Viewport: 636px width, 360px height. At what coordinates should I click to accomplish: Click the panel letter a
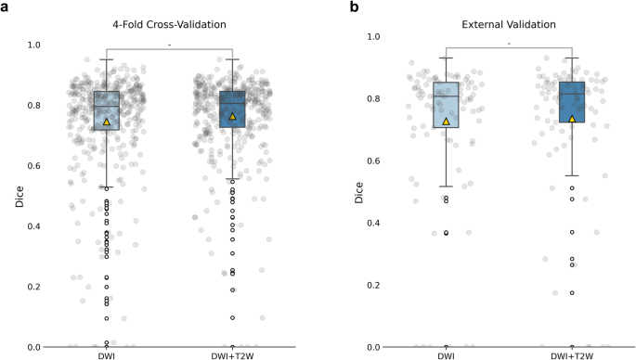tap(5, 6)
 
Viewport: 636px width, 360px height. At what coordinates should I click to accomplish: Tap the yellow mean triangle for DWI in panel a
tap(107, 122)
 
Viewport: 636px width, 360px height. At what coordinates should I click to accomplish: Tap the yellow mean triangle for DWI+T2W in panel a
tap(232, 116)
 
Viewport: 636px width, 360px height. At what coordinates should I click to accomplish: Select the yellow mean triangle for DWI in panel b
tap(446, 122)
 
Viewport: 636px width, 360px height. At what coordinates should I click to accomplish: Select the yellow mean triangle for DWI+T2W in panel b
tap(572, 119)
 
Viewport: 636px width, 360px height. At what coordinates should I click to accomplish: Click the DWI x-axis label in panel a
tap(107, 354)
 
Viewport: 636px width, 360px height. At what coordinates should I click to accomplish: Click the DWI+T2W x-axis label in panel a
tap(232, 354)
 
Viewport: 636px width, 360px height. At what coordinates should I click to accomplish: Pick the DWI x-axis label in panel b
tap(446, 354)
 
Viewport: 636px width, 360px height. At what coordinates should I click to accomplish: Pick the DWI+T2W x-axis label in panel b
tap(572, 354)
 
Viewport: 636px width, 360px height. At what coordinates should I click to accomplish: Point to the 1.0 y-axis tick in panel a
tap(34, 45)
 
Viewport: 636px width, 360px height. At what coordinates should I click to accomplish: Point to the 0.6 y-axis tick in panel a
tap(34, 166)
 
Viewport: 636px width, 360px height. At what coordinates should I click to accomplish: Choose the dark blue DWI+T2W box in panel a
tap(232, 109)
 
